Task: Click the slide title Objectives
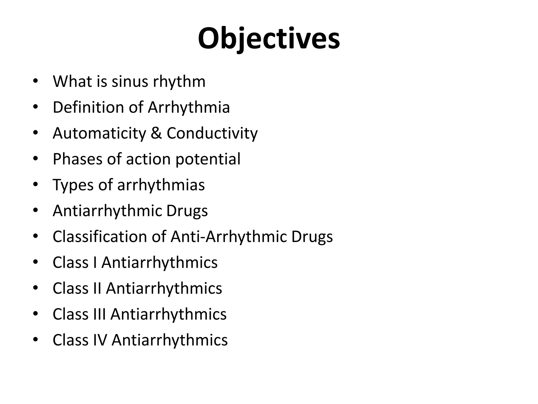(269, 39)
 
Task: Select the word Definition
(88, 107)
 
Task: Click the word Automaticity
(99, 133)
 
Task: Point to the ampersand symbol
(156, 133)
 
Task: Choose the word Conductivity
(212, 133)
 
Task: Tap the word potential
(208, 159)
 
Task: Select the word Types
(73, 185)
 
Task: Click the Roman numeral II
(97, 288)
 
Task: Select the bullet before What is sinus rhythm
(35, 81)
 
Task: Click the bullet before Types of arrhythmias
(35, 185)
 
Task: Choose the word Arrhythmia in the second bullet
(189, 107)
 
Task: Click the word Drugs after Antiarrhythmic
(187, 211)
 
